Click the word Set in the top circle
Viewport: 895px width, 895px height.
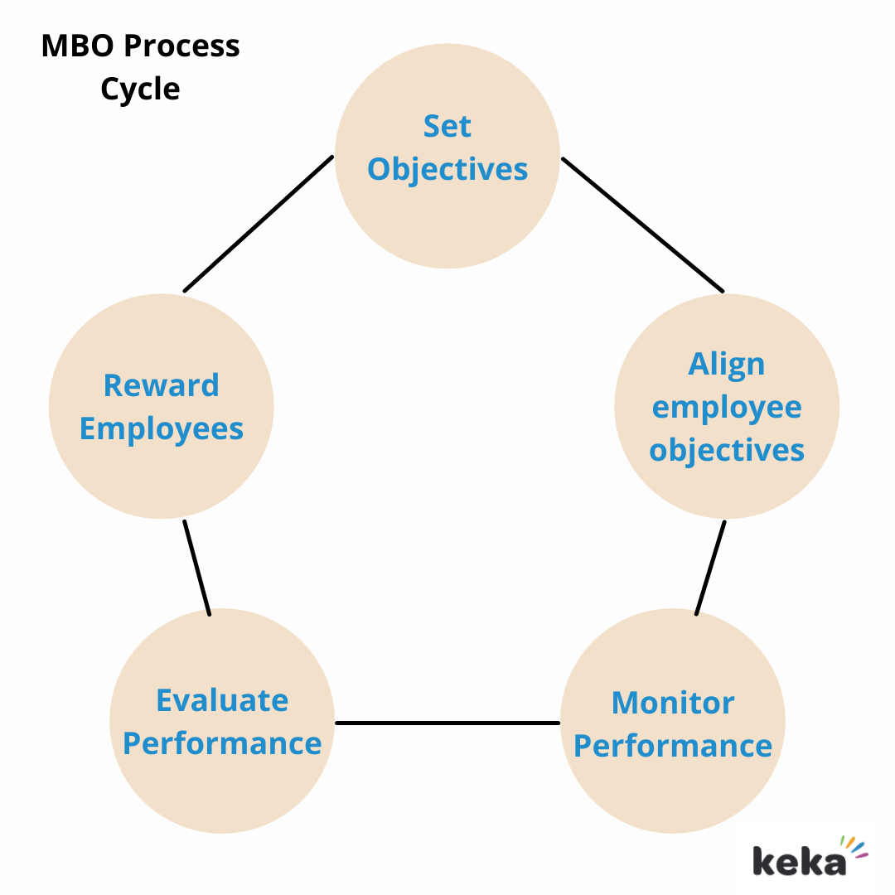[x=447, y=127]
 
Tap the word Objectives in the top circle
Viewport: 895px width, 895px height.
[x=447, y=170]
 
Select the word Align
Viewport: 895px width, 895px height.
[x=727, y=365]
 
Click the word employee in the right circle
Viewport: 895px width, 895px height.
[x=727, y=408]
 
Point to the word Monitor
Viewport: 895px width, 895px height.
[x=672, y=704]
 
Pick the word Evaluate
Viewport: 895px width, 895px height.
[x=222, y=701]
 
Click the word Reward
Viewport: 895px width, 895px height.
[x=162, y=386]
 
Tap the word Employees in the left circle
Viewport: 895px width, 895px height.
[x=162, y=429]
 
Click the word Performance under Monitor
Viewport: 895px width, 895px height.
[x=672, y=747]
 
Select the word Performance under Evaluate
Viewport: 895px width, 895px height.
[x=222, y=744]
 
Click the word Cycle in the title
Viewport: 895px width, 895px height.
[x=140, y=89]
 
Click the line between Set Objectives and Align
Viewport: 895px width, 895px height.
[x=642, y=224]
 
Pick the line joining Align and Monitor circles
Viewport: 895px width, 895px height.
[x=710, y=568]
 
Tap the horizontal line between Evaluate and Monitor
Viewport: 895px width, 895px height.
[x=447, y=723]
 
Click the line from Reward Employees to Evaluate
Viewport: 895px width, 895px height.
[x=196, y=568]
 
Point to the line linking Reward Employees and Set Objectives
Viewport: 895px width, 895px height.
[x=258, y=224]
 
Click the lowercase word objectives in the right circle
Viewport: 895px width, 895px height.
[x=727, y=451]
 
